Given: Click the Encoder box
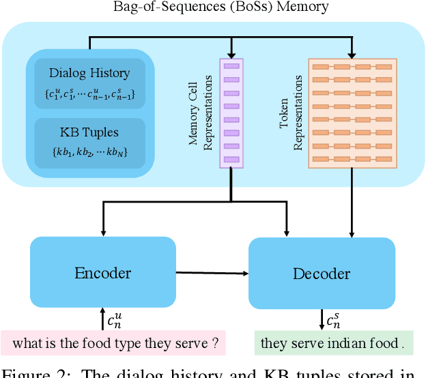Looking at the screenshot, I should [102, 273].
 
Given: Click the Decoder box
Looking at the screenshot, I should [321, 274].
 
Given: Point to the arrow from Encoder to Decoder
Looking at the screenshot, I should [212, 273].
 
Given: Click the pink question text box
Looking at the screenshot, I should [113, 343].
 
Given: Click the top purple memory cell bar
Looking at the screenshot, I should [231, 66].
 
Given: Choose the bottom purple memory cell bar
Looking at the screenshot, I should [231, 159].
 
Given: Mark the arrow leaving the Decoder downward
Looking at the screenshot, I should [322, 318].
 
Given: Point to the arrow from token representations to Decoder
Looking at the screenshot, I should [352, 205].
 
